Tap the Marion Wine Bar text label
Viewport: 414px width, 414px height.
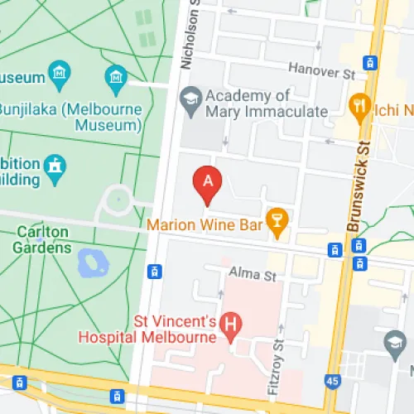point(204,223)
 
